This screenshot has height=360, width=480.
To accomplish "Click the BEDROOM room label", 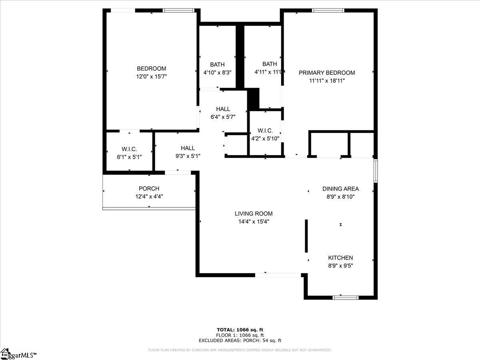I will click(151, 68).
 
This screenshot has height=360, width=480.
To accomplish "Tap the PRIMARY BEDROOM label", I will click(327, 73).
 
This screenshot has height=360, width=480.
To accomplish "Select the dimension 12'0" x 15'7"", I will click(151, 76).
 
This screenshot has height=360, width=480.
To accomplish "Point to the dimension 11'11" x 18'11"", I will click(327, 80).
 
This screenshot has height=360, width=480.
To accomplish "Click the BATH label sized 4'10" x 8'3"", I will click(217, 64).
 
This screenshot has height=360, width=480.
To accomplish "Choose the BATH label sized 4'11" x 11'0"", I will click(270, 64).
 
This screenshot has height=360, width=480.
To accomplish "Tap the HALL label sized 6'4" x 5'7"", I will click(223, 109).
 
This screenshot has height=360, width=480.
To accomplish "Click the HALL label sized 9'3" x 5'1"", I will click(188, 148).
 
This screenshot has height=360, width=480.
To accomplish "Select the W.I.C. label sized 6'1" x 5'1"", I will click(129, 149).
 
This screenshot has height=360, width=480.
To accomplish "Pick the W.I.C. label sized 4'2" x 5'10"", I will click(265, 131).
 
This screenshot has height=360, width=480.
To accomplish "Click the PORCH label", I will click(149, 188).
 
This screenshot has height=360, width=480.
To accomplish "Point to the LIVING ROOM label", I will click(254, 214).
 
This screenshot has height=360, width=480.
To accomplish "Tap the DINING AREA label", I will click(340, 189).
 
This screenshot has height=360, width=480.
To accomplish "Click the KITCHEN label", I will click(340, 258).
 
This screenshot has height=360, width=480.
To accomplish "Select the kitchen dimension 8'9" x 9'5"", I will click(340, 265).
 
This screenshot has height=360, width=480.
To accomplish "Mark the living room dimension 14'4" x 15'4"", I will click(254, 222).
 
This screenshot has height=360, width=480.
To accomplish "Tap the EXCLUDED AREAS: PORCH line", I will click(240, 340).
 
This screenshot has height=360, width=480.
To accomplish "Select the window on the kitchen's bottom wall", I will click(346, 297).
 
